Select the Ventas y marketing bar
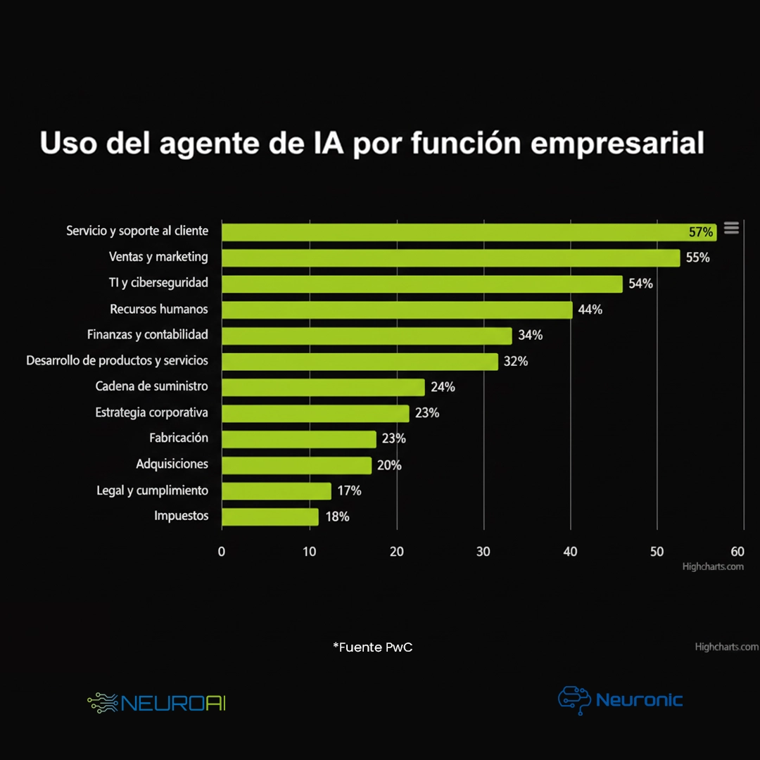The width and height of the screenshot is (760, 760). [450, 258]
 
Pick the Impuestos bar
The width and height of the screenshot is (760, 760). [270, 517]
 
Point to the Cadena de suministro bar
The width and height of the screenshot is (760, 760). [323, 387]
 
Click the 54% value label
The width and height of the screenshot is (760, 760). [640, 284]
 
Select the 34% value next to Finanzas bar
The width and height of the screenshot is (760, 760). [530, 336]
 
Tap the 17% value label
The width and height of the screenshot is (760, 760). [349, 490]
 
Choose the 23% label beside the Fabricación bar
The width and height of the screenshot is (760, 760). [393, 438]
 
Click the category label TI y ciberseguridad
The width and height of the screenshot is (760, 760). [158, 283]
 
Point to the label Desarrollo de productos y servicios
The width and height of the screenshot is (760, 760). [117, 360]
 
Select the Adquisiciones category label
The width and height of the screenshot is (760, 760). [172, 464]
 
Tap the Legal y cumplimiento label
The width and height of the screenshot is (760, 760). [152, 490]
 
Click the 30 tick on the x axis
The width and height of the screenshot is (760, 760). [483, 552]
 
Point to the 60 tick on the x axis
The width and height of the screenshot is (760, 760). [737, 552]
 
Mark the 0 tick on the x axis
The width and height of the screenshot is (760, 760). [222, 552]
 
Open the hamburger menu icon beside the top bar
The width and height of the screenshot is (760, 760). [731, 228]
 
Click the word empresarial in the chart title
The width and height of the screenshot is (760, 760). [616, 143]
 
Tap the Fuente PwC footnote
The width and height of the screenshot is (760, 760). [373, 647]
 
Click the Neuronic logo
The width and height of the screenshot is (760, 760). [620, 699]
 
